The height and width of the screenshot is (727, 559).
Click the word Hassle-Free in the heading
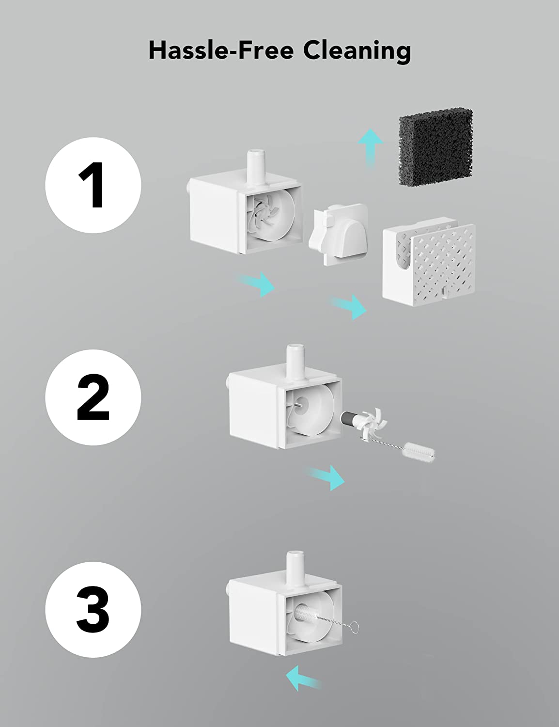221,50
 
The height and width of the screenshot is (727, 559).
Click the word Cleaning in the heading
357,52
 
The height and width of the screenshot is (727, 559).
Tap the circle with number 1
93,185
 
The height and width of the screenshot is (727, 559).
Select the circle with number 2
93,397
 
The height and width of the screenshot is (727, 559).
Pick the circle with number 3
93,609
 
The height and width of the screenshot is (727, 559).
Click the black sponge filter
436,147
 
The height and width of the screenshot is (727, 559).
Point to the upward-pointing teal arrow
371,148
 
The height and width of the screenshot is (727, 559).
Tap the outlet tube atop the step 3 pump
295,568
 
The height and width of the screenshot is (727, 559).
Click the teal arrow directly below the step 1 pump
256,284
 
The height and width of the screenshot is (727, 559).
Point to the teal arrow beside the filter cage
348,307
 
